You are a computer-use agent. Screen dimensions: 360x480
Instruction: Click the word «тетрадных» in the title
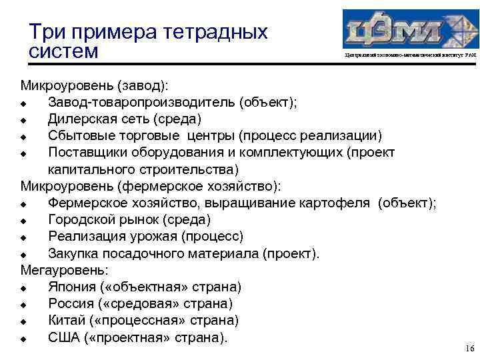pyautogui.click(x=215, y=32)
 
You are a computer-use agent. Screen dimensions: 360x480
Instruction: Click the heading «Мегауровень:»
pyautogui.click(x=65, y=270)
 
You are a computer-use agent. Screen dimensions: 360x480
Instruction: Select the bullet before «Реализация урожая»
pyautogui.click(x=23, y=237)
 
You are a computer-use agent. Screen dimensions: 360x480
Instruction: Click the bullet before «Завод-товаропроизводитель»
pyautogui.click(x=23, y=103)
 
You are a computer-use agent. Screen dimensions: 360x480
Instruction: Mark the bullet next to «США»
pyautogui.click(x=23, y=339)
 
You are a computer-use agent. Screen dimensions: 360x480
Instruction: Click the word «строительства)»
pyautogui.click(x=191, y=169)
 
